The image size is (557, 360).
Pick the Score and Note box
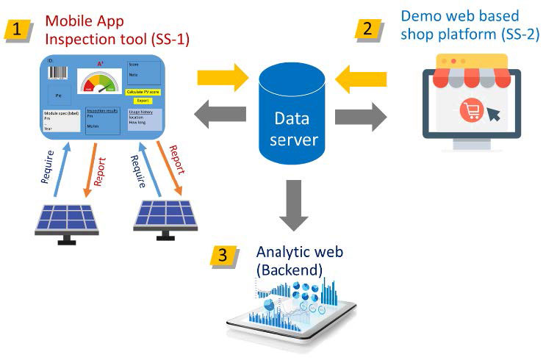[x=143, y=73]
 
